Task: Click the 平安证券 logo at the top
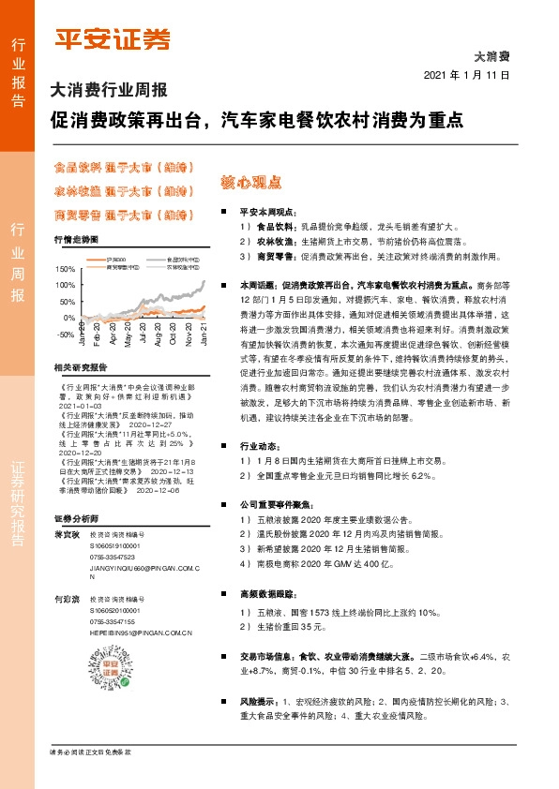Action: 110,38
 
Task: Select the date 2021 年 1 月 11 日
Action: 466,75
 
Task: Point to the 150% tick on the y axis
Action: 65,269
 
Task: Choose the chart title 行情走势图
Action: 76,240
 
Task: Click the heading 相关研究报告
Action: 81,366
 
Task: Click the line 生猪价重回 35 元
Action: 281,628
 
